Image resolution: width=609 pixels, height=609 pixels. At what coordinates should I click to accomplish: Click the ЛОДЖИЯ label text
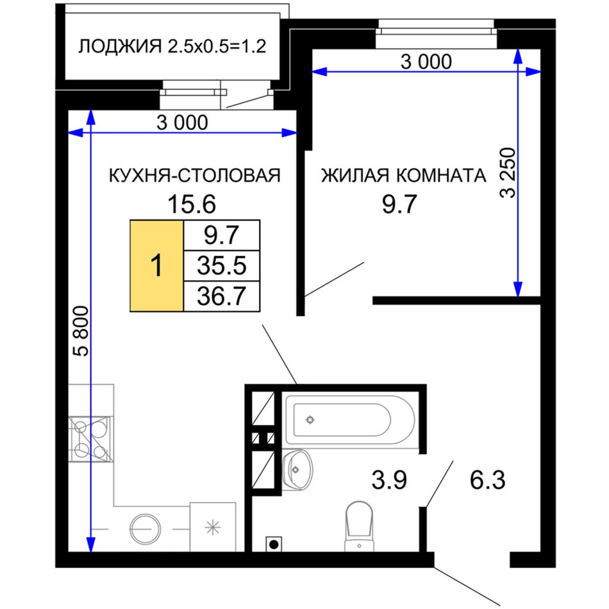point(120,47)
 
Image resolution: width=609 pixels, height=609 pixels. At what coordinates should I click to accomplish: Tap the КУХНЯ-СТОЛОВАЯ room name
point(195,176)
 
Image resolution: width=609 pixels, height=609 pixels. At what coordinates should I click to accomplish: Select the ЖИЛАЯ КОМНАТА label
point(403,175)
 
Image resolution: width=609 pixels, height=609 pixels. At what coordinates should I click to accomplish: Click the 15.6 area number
point(192,204)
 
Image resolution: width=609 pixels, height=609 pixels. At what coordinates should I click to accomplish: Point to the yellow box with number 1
point(156,265)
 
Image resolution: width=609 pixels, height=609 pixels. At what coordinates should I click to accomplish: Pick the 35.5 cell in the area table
point(222,265)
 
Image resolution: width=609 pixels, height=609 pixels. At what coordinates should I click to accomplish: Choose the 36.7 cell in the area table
point(222,296)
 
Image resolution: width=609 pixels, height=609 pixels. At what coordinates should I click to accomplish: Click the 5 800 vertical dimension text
point(82,331)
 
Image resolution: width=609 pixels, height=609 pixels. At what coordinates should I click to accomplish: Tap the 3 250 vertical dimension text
point(508,173)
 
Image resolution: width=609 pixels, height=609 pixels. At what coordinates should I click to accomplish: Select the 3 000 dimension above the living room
point(426,62)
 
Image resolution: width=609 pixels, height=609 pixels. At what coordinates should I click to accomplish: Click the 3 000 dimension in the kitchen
point(182,122)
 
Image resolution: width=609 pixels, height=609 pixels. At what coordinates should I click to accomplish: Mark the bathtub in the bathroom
point(350,420)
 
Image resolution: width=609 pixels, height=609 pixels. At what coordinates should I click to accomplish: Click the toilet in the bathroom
point(359,526)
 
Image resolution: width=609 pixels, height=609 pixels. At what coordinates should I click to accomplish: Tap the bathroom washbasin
point(297,469)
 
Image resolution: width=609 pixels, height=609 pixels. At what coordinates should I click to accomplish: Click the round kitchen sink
point(145,529)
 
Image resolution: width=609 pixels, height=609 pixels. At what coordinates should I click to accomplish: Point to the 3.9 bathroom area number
point(389,480)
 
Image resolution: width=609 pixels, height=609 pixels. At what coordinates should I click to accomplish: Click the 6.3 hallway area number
point(487,480)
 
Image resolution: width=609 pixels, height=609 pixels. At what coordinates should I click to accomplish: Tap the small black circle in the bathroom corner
point(274,544)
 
